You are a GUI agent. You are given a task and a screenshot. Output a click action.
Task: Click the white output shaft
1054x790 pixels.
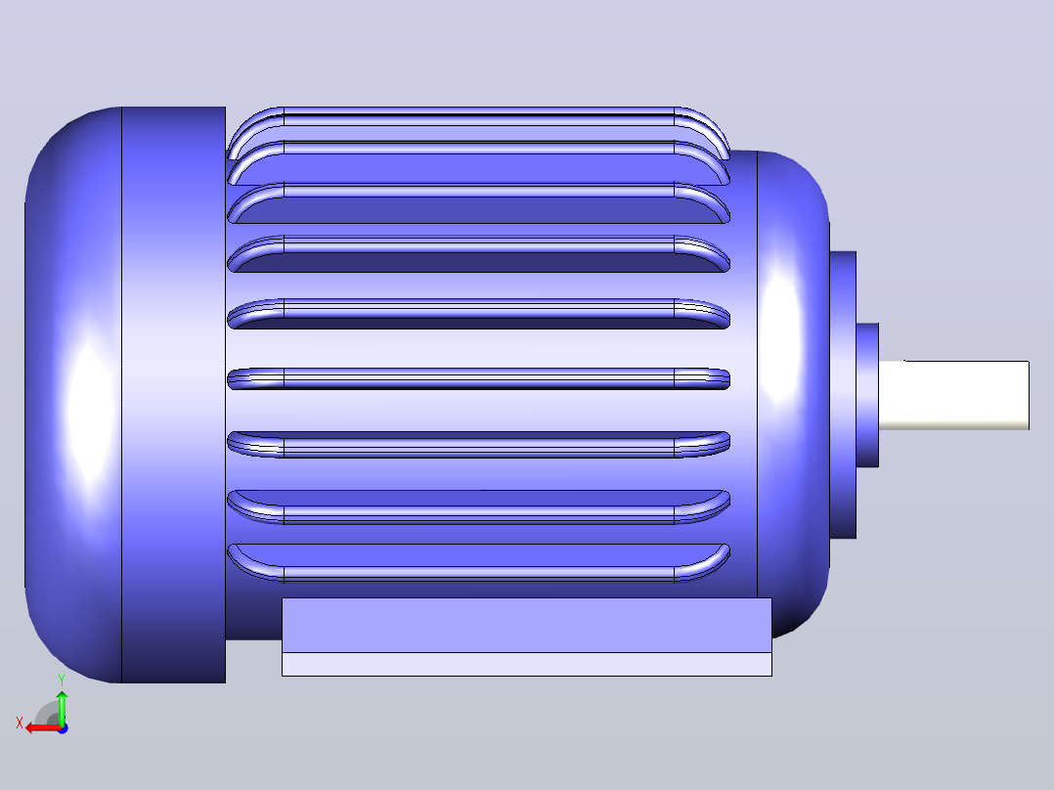(x=954, y=395)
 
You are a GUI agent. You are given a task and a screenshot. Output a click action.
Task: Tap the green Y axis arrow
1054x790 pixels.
(x=62, y=707)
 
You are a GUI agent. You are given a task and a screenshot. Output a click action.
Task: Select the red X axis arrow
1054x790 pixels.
(x=43, y=728)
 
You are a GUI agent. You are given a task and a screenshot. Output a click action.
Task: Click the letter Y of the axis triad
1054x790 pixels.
(x=62, y=680)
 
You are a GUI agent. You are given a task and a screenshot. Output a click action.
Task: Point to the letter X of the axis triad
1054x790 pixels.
(x=20, y=723)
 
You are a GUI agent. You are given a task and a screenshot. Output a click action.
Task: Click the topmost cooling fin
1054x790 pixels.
(x=479, y=116)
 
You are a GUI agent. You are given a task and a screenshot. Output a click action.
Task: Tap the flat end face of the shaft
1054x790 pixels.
(x=1029, y=395)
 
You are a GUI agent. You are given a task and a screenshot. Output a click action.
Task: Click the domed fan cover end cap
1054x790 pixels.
(x=73, y=395)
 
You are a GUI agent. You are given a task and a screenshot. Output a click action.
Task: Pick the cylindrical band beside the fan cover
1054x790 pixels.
(x=173, y=395)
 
